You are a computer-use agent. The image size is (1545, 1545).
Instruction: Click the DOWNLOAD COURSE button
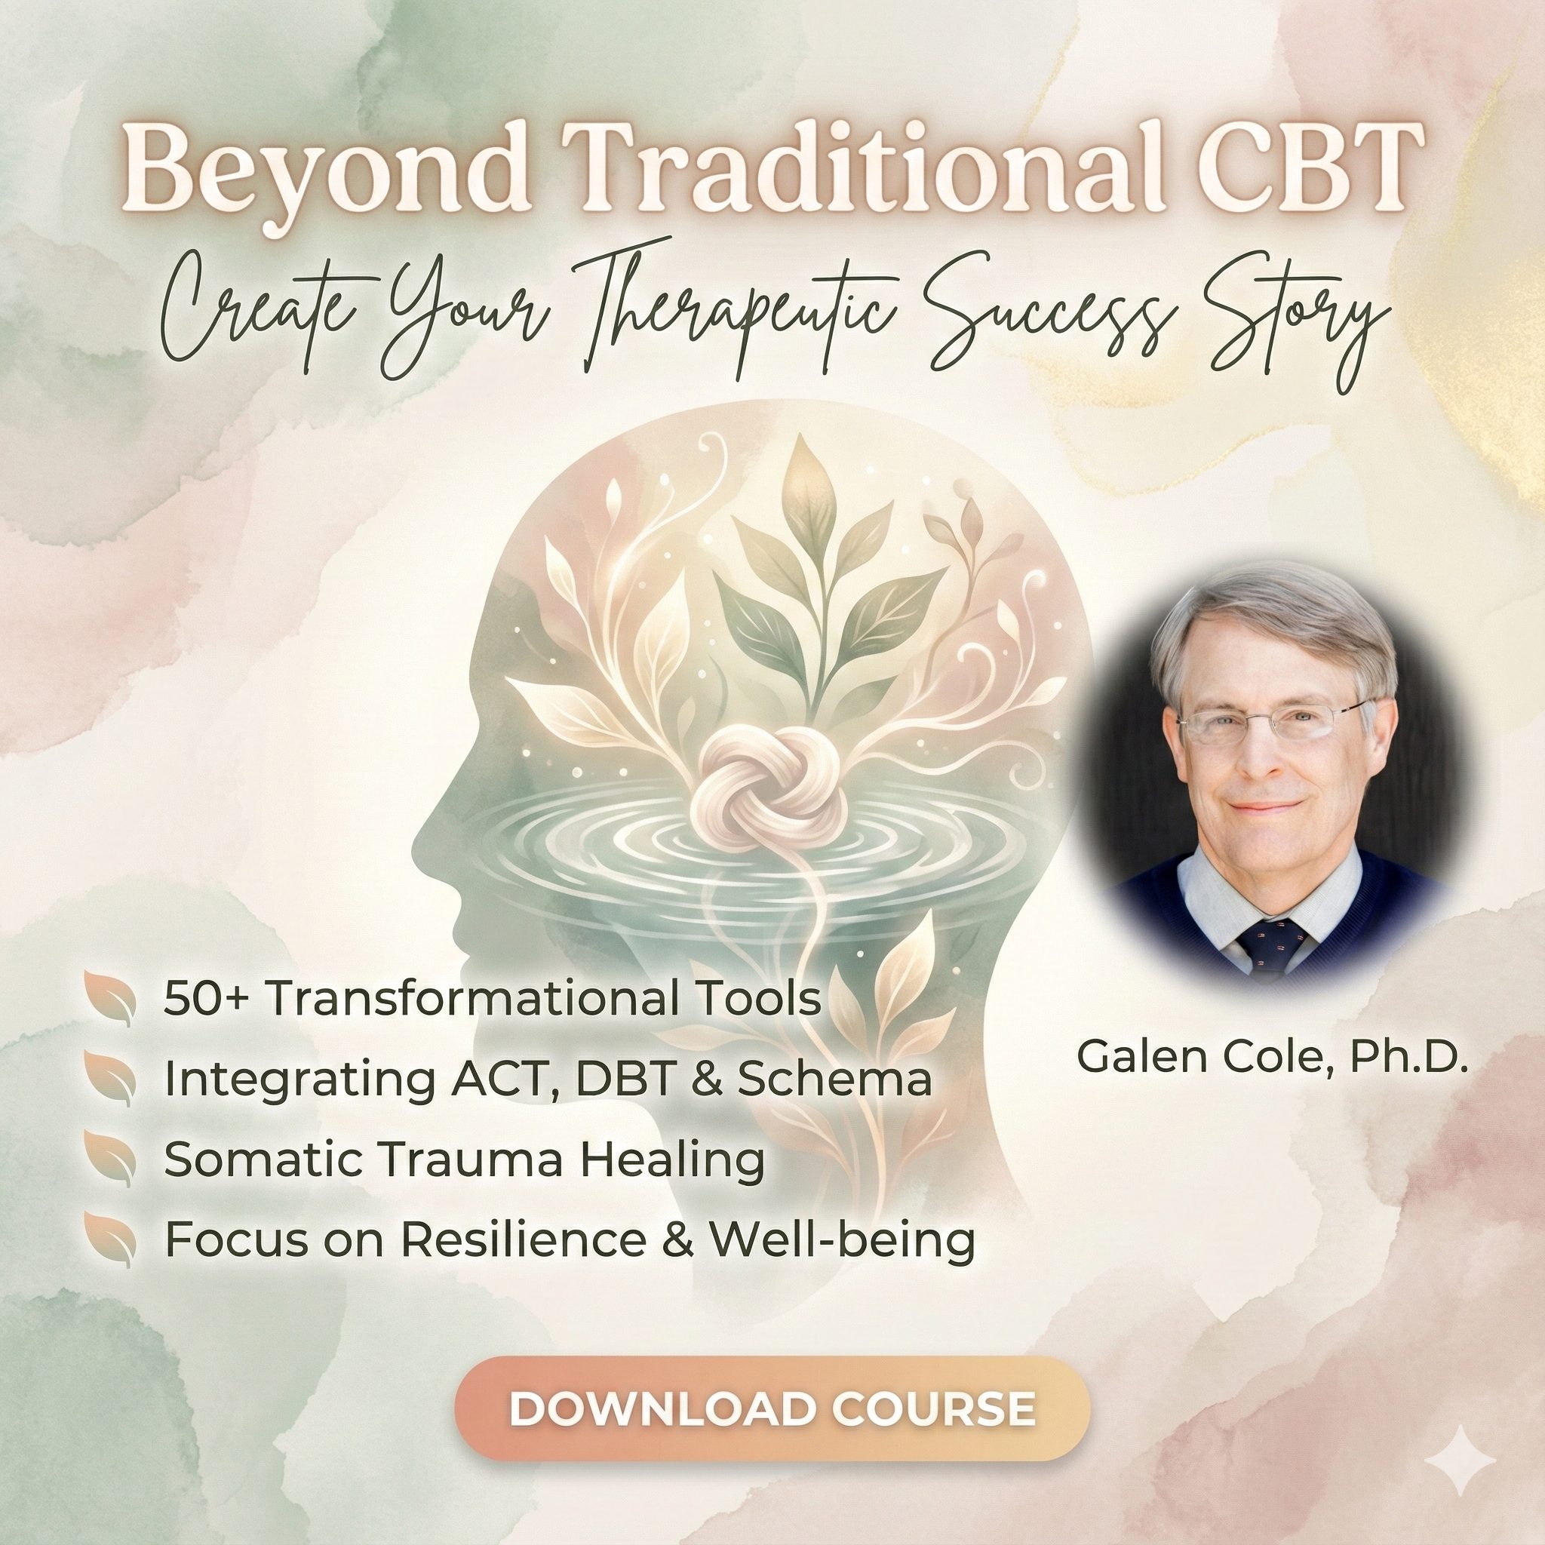tap(772, 1408)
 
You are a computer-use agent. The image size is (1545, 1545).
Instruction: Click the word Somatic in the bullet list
tap(264, 1161)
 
